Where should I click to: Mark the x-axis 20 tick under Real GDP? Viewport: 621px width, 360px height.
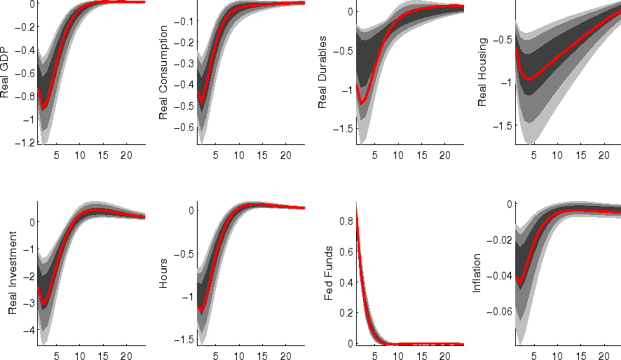126,155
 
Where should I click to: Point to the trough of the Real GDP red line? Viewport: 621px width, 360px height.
43,108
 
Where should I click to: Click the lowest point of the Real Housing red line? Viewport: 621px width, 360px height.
529,79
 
